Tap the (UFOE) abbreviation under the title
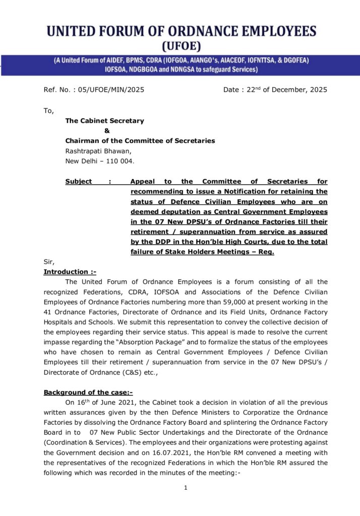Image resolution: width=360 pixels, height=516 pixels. (x=181, y=47)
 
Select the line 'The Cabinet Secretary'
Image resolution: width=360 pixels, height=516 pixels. (x=104, y=121)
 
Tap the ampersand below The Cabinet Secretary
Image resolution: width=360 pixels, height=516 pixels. (x=107, y=131)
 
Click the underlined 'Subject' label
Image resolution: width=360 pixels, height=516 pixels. (x=79, y=181)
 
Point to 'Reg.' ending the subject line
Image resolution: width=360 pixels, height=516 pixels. (x=266, y=252)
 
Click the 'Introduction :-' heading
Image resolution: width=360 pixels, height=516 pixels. (x=70, y=272)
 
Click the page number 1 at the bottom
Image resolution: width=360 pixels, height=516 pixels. (x=186, y=488)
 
